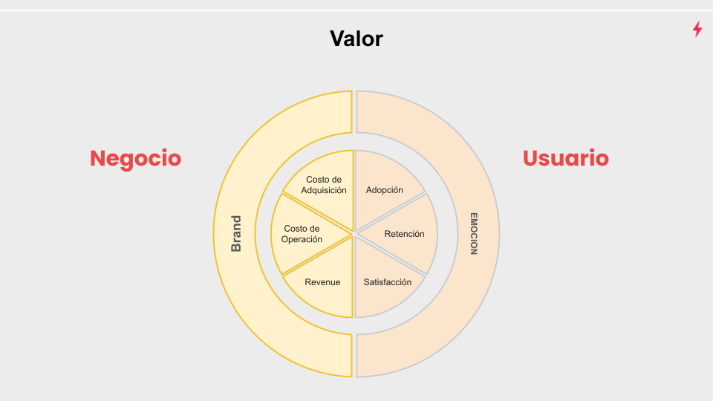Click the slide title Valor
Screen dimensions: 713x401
pos(356,39)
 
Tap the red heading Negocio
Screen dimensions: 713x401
pos(135,158)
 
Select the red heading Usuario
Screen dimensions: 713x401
pos(566,158)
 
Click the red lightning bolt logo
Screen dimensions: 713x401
pos(697,29)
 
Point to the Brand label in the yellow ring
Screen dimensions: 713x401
pos(236,234)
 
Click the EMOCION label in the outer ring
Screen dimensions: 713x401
pos(473,234)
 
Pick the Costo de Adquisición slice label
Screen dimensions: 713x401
pos(324,185)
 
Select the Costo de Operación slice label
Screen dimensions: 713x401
pos(302,234)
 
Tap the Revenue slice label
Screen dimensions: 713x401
pos(322,282)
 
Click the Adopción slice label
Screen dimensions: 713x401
pos(385,190)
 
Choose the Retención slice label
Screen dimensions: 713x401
pos(404,234)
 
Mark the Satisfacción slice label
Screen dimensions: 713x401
pos(387,282)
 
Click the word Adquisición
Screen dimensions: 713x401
pos(324,190)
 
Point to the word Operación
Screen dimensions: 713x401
pos(302,239)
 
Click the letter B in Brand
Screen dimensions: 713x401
pos(236,248)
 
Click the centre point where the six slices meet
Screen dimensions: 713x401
pos(354,234)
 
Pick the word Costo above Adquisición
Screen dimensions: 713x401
pos(324,180)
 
